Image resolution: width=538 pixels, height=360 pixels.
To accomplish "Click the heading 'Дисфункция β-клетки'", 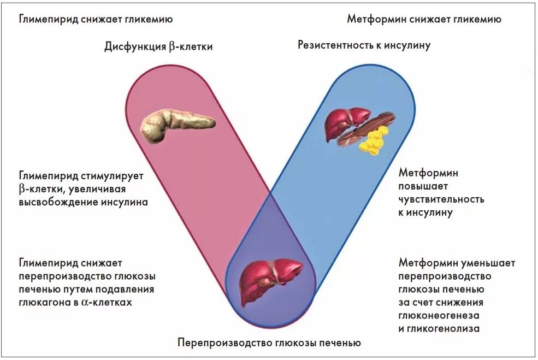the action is pos(158,47).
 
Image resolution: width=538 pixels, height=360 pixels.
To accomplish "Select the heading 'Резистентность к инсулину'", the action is pos(364,45).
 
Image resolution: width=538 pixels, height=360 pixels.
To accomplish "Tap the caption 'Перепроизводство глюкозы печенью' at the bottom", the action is pos(269,344).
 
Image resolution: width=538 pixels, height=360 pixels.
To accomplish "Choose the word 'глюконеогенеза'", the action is pos(439,315).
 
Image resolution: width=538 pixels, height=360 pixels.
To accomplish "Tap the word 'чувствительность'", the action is pos(441,199).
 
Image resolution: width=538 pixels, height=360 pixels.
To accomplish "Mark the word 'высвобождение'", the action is pos(56,203).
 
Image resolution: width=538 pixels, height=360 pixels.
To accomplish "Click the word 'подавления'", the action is pos(127,289).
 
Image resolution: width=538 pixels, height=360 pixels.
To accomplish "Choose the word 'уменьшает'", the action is pos(488,263).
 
